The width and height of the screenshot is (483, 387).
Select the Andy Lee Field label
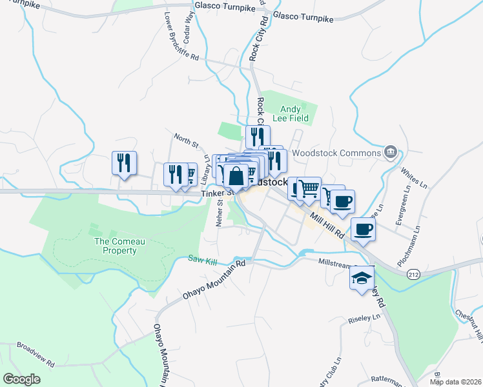click(294, 114)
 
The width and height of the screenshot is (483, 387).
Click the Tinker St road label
click(216, 193)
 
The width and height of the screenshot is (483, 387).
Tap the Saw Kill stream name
click(201, 259)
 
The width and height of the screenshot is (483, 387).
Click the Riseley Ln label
click(365, 317)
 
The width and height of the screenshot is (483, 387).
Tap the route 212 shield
click(413, 274)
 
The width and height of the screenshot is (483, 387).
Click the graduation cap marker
click(362, 279)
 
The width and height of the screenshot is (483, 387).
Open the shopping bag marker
click(237, 176)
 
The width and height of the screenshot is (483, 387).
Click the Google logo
click(22, 379)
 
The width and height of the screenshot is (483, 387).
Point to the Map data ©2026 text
click(455, 382)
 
